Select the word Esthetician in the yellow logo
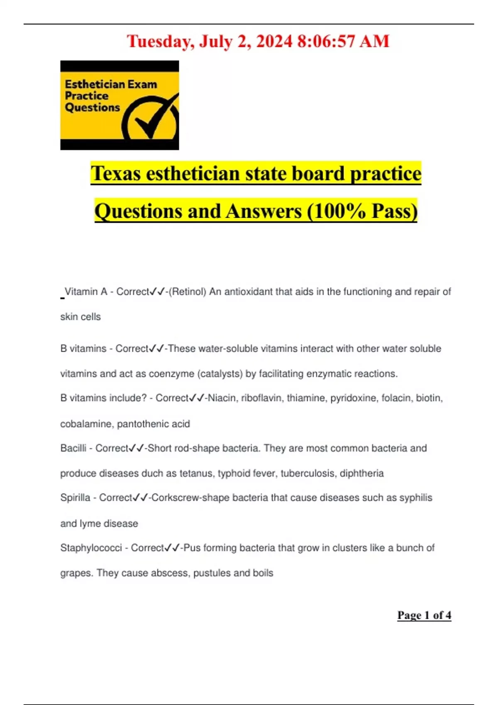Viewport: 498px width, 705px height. coord(95,84)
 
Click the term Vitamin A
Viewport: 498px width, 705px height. coord(86,292)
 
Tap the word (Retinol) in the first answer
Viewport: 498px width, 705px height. coord(189,292)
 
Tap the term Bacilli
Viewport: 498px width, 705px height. coord(73,448)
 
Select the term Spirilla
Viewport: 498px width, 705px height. coord(75,498)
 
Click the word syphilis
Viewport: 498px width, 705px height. coord(415,498)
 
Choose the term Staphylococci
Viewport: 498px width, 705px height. coord(91,548)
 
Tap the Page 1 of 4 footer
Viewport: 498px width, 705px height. coord(424,615)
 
